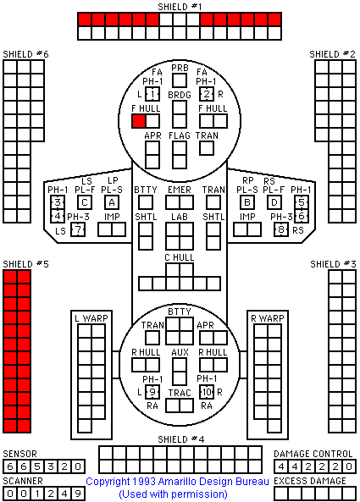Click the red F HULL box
pyautogui.click(x=139, y=121)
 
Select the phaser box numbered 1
pyautogui.click(x=152, y=94)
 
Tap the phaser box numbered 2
pyautogui.click(x=207, y=94)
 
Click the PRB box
pyautogui.click(x=180, y=80)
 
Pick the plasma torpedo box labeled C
pyautogui.click(x=85, y=202)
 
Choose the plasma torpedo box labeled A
pyautogui.click(x=112, y=202)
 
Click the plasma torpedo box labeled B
pyautogui.click(x=247, y=202)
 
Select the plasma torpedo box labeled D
pyautogui.click(x=274, y=202)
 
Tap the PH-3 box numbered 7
pyautogui.click(x=78, y=229)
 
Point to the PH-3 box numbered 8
pyautogui.click(x=281, y=229)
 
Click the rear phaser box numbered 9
pyautogui.click(x=152, y=392)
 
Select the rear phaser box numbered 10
pyautogui.click(x=207, y=392)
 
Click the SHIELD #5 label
pyautogui.click(x=25, y=264)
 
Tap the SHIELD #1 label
pyautogui.click(x=180, y=7)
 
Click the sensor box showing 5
pyautogui.click(x=37, y=466)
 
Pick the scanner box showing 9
pyautogui.click(x=78, y=494)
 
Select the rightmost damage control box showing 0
pyautogui.click(x=349, y=466)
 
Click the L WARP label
pyautogui.click(x=91, y=318)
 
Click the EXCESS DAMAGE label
pyautogui.click(x=310, y=481)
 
